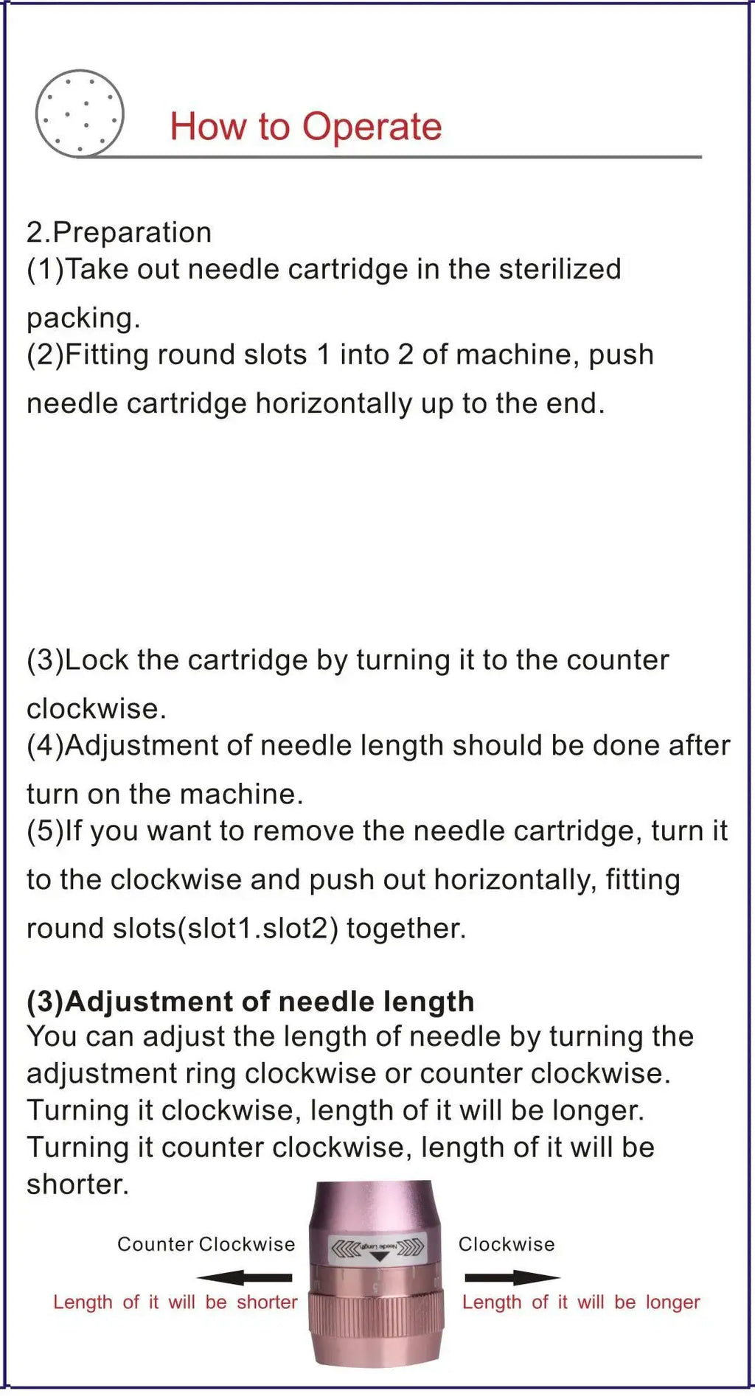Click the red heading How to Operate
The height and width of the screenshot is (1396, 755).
click(x=305, y=127)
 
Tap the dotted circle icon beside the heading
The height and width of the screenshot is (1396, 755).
click(x=80, y=113)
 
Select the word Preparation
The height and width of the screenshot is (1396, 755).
click(x=132, y=232)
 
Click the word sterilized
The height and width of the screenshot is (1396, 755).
click(x=560, y=269)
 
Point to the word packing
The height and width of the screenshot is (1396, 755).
click(x=82, y=318)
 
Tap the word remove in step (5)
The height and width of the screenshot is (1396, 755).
click(x=303, y=831)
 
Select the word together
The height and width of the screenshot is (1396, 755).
click(x=406, y=928)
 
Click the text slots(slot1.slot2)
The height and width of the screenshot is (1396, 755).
click(x=225, y=928)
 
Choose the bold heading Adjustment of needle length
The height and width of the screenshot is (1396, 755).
click(x=269, y=1002)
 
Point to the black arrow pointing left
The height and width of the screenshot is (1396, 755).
click(x=244, y=1277)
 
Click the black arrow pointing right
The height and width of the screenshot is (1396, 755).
click(x=512, y=1277)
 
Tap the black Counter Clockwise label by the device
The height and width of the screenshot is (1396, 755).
click(x=206, y=1244)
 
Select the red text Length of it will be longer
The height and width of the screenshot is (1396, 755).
click(x=581, y=1302)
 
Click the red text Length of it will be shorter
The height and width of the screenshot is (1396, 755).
click(x=175, y=1302)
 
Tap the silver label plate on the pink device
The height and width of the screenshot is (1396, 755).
click(x=377, y=1249)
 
